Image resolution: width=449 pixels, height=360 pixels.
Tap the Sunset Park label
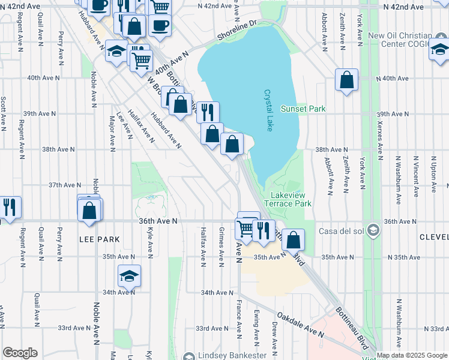[x=303, y=109]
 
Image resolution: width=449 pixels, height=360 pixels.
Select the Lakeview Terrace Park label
[x=291, y=199]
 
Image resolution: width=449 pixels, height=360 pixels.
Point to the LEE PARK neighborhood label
[x=99, y=239]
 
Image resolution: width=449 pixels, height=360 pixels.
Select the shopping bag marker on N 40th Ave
[x=347, y=80]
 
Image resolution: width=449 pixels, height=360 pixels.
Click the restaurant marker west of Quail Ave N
[x=10, y=207]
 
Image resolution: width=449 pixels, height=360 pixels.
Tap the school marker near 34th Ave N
[x=129, y=276]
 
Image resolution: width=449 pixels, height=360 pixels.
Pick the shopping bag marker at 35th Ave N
[x=294, y=240]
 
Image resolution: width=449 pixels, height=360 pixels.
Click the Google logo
[x=20, y=353]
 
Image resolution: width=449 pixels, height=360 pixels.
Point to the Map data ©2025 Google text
[x=411, y=355]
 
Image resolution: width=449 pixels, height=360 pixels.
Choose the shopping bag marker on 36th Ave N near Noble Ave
[x=89, y=211]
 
